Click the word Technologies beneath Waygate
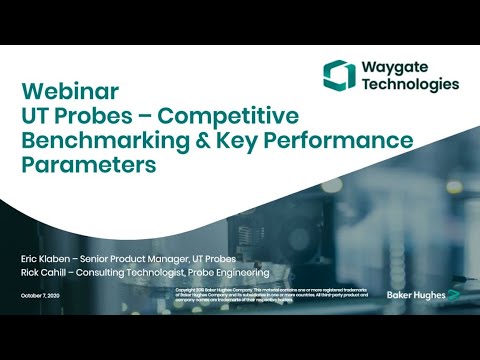point(410,86)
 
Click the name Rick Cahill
point(43,272)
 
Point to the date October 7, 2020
point(41,296)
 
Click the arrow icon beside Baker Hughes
point(453,296)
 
